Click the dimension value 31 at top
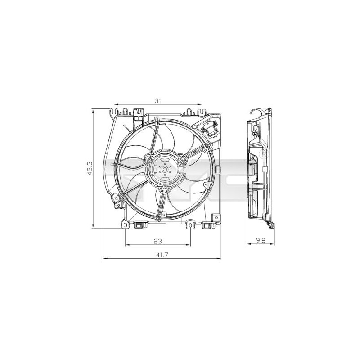click(x=157, y=101)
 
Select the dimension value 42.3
click(x=90, y=169)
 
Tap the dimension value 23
click(x=157, y=241)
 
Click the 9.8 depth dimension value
click(x=261, y=241)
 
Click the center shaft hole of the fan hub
click(x=164, y=169)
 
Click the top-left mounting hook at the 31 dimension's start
click(x=116, y=109)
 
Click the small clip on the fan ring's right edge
click(x=217, y=169)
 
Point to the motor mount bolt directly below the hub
click(x=165, y=187)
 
